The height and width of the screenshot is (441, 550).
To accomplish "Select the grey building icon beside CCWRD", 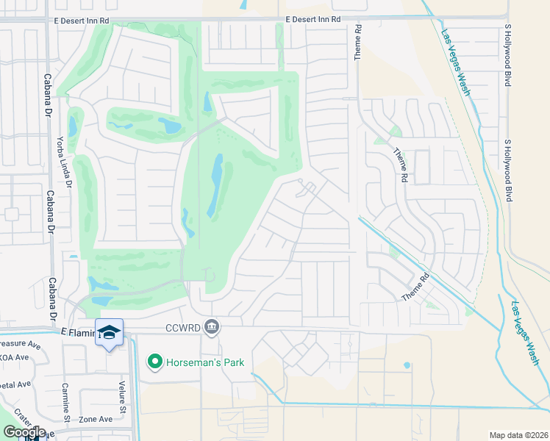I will pyautogui.click(x=212, y=326).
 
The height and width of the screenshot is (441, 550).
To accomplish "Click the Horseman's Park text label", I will pyautogui.click(x=204, y=362).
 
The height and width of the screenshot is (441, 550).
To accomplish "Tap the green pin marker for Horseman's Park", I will pyautogui.click(x=154, y=361).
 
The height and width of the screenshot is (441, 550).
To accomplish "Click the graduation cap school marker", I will pyautogui.click(x=109, y=333).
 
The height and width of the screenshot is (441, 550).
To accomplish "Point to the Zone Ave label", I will pyautogui.click(x=96, y=418).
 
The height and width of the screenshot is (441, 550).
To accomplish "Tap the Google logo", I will pyautogui.click(x=24, y=431).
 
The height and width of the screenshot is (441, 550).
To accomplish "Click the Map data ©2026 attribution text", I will pyautogui.click(x=518, y=435).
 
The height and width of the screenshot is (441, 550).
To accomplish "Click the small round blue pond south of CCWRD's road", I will pyautogui.click(x=407, y=365).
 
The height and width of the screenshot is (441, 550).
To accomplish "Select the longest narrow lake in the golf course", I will pyautogui.click(x=215, y=185).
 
